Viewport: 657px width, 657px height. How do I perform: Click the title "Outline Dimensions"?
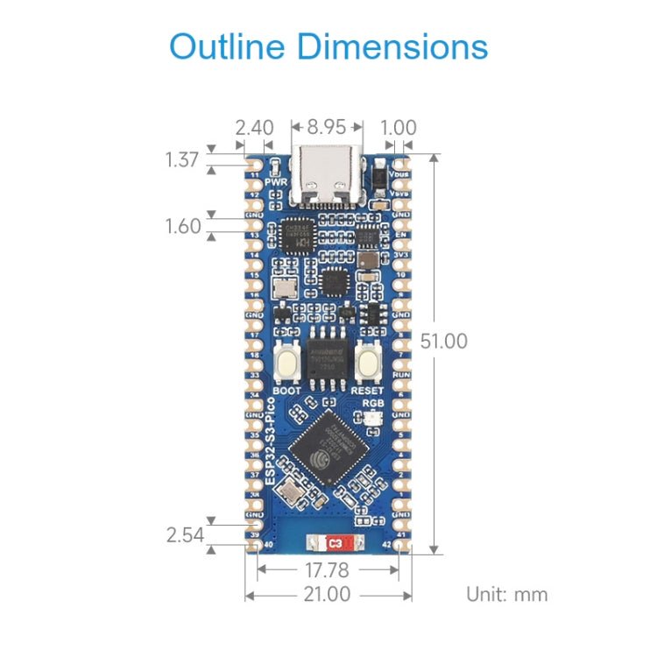coord(328,46)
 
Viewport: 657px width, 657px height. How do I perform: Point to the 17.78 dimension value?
coord(328,570)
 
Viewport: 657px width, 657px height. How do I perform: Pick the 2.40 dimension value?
coord(253,127)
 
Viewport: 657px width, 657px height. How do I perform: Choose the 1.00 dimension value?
coord(399,127)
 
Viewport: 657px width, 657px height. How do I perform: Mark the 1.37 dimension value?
coord(183,159)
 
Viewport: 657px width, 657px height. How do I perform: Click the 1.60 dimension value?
coord(183,226)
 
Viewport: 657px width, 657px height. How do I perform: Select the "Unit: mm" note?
coord(506,594)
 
